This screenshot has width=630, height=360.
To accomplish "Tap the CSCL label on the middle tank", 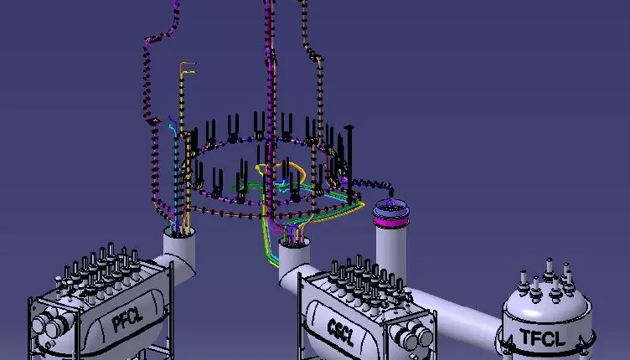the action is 341,332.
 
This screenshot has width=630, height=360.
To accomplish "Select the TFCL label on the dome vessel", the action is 542,337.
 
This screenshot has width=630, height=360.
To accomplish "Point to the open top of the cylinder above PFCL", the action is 179,232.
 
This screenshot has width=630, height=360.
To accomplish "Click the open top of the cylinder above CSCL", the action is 295,242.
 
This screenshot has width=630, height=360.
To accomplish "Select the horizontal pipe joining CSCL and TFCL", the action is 454,309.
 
